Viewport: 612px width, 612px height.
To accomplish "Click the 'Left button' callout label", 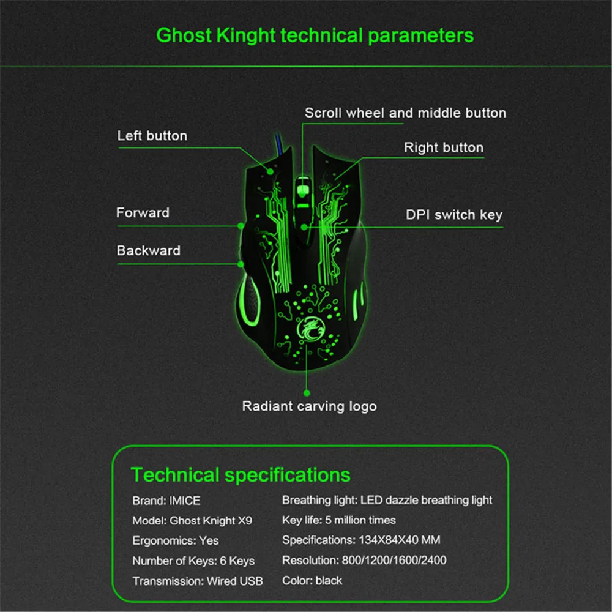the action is (x=152, y=136).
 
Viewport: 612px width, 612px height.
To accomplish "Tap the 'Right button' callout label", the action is (x=444, y=147).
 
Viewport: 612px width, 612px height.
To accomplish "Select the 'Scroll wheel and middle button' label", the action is (x=406, y=113).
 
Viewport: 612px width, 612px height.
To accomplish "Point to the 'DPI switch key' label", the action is (x=454, y=215).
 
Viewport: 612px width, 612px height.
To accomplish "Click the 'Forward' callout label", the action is (x=143, y=213).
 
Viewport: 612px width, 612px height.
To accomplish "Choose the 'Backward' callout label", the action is (x=149, y=250).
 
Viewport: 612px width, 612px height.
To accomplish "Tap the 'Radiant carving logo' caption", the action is (x=310, y=406).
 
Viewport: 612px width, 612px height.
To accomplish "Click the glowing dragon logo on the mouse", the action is (x=309, y=329).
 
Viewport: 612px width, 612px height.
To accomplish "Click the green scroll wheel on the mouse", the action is (x=304, y=190).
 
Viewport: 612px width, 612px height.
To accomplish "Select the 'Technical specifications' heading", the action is (x=241, y=475).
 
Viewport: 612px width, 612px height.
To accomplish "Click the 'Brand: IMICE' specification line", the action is (x=166, y=501).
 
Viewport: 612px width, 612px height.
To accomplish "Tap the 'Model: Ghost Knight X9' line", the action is (x=192, y=521).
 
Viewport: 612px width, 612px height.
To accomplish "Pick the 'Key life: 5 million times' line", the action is (x=339, y=520).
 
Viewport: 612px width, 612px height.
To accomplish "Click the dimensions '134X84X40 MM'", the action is (x=399, y=540).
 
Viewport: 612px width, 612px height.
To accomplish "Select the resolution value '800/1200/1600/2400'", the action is (x=394, y=561).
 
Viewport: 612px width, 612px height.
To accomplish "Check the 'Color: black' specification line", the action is (x=312, y=581).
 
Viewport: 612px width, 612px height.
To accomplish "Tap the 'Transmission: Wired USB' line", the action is (x=198, y=581).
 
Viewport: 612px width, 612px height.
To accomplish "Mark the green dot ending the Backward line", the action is (x=241, y=264).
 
